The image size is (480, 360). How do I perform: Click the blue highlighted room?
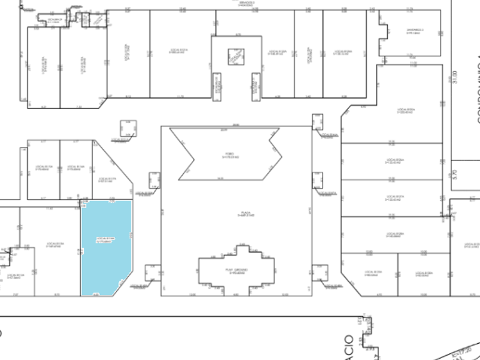point(106,247)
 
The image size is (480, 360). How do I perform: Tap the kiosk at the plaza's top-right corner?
point(317,122)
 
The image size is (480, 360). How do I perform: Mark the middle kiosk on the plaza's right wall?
point(317,181)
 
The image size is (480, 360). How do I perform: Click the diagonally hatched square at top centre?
point(236,57)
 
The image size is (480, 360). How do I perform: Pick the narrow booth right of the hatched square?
point(255,84)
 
